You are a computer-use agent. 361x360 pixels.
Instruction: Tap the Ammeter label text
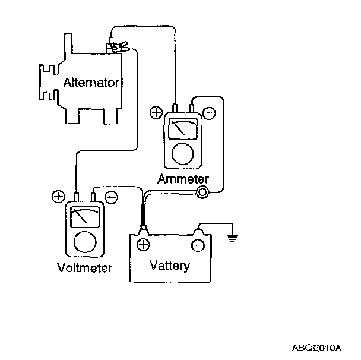pos(183,178)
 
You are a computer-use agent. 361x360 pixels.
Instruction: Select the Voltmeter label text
pos(85,267)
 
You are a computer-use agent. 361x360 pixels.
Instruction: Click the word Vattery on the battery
pos(170,265)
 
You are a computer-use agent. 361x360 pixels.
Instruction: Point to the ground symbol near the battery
pos(232,238)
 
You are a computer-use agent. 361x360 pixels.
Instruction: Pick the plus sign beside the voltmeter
pos(58,197)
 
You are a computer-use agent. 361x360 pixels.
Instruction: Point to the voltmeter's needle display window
pos(84,216)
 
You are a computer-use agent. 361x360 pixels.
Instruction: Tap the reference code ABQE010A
pos(316,346)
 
